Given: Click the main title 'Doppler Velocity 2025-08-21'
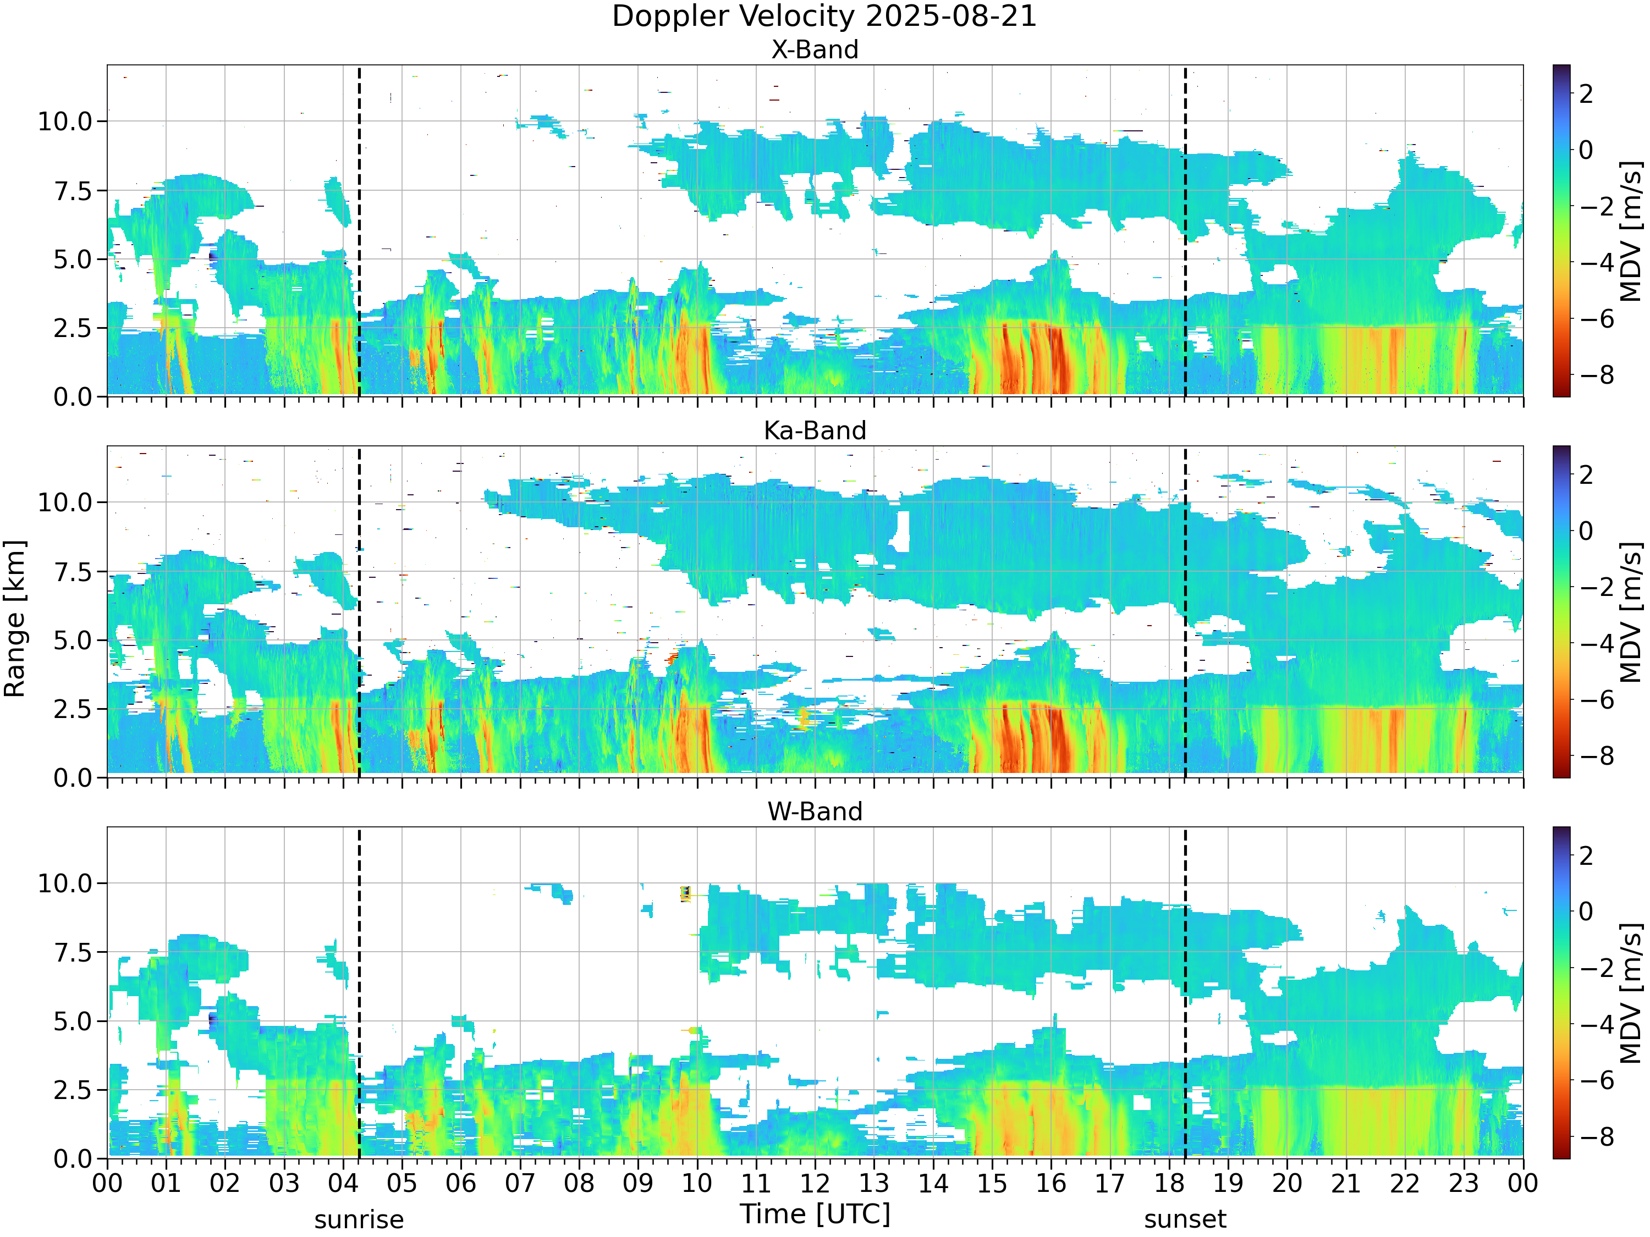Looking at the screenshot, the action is tap(824, 16).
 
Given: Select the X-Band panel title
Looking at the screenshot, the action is tap(815, 49).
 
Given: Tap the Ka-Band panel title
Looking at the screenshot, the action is tap(815, 430).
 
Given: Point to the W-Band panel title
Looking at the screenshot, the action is tap(815, 811).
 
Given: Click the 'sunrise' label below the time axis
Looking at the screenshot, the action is tap(359, 1220).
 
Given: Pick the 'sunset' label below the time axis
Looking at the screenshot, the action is tap(1185, 1220).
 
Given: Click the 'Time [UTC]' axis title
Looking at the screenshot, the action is tap(815, 1214).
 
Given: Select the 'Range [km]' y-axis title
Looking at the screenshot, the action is tap(15, 619).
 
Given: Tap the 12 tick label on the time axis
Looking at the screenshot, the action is tap(815, 1183).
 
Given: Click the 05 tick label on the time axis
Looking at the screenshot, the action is tap(402, 1183).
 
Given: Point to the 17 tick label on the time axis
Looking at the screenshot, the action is tap(1110, 1183).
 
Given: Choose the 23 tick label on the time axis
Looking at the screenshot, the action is tap(1464, 1183).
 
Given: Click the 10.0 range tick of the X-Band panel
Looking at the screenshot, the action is tap(65, 122).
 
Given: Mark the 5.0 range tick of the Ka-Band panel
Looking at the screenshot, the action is tap(73, 640).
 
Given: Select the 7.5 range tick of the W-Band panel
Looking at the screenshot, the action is tap(73, 952).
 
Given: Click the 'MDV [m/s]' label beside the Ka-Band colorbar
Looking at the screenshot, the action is tap(1631, 612).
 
